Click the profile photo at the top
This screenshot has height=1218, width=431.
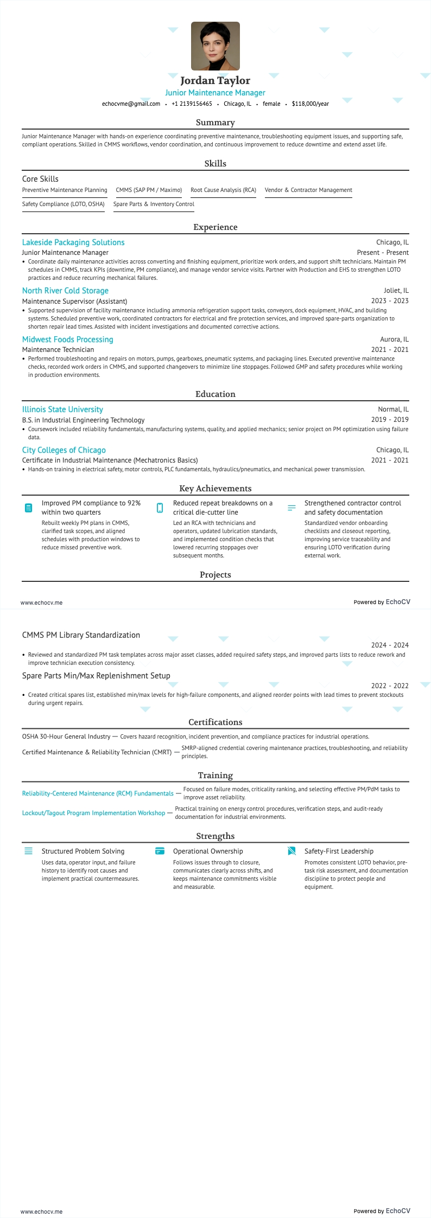click(x=215, y=46)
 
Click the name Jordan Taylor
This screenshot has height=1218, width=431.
click(x=215, y=80)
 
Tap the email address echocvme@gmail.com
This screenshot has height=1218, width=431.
click(x=131, y=104)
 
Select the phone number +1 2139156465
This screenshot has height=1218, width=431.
click(x=192, y=104)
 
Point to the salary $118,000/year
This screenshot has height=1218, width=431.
click(x=310, y=104)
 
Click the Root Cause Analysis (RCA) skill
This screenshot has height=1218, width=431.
click(x=223, y=190)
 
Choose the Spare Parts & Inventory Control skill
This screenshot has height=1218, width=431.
click(x=154, y=204)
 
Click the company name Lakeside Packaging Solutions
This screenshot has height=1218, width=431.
click(x=73, y=242)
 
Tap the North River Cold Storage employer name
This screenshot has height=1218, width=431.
click(x=65, y=291)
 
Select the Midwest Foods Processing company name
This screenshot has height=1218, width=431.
click(x=68, y=339)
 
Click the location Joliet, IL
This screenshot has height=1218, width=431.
click(x=396, y=291)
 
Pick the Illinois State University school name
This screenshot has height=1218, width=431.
click(x=62, y=409)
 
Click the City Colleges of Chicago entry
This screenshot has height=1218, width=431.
click(x=64, y=450)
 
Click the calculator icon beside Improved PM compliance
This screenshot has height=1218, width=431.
click(x=29, y=508)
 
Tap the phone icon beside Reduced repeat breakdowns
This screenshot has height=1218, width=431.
click(x=160, y=508)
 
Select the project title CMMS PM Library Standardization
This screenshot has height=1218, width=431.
click(x=81, y=635)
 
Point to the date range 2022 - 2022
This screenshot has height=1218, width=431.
click(x=390, y=686)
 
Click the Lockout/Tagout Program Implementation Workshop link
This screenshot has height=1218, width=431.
click(x=93, y=813)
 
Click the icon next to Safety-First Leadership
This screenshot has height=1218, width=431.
click(x=291, y=851)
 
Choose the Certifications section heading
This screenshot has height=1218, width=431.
click(x=215, y=722)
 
